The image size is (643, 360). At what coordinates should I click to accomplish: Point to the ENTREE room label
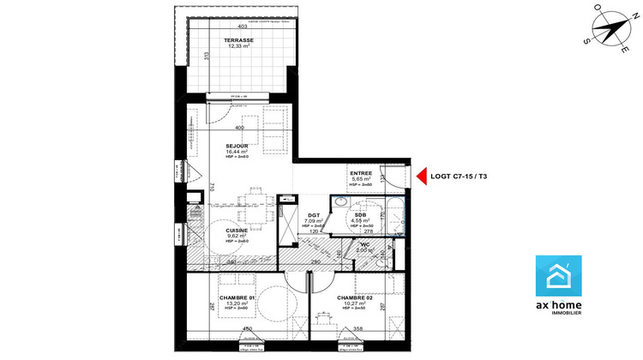coord(361,173)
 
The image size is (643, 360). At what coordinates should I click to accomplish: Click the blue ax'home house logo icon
coord(563,277)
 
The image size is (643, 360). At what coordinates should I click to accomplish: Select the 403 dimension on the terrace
coord(242,27)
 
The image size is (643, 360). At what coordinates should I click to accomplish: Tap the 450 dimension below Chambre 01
coord(247,328)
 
